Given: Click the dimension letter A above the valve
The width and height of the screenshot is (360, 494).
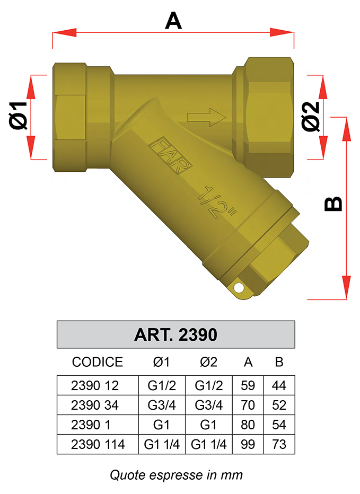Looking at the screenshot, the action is [x=173, y=21].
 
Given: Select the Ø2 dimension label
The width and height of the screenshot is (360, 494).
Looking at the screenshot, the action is [x=311, y=116].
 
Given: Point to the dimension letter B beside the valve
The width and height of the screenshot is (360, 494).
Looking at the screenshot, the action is [x=333, y=204].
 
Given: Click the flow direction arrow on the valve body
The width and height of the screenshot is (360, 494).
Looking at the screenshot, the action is [x=207, y=117].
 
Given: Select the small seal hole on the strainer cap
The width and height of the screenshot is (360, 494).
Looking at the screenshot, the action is [x=239, y=287].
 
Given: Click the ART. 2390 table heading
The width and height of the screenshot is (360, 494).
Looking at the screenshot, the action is [x=175, y=334].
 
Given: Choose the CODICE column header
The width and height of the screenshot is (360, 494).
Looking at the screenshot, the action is [x=98, y=362].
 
